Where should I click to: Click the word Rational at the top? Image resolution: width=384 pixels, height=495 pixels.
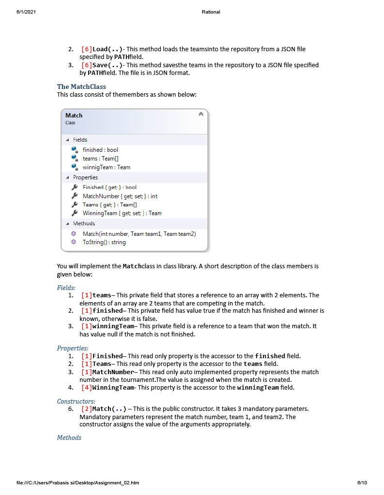point(211,12)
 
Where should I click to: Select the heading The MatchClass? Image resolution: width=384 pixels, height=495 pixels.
point(81,87)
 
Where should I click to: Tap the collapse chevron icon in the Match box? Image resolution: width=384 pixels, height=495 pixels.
point(200,114)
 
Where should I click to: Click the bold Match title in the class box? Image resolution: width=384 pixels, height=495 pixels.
point(74,115)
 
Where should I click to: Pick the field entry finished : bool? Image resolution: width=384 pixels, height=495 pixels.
point(100,150)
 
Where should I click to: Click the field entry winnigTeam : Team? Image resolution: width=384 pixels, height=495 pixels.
point(106,167)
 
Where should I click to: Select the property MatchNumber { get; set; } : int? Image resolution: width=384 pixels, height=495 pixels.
point(120,196)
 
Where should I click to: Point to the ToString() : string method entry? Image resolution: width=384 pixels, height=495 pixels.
point(104,242)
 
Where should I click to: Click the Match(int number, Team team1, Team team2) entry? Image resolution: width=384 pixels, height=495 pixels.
point(139,233)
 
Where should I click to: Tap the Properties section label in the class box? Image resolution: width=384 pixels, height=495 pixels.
point(85,177)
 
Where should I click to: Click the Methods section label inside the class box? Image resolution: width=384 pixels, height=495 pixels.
point(84,223)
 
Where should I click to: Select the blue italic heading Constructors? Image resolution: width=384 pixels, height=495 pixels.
point(76,401)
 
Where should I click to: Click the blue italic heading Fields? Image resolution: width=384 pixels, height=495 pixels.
point(66,288)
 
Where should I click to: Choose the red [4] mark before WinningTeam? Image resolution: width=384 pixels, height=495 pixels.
point(87,387)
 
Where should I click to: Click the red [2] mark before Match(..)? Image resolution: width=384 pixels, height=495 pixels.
point(87,409)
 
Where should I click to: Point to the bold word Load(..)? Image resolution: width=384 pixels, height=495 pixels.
point(108,49)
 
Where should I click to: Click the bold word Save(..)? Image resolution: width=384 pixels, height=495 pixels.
point(108,65)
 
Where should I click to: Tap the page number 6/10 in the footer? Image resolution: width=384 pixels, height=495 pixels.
point(362,482)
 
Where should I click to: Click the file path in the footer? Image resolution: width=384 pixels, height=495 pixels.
point(77,482)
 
